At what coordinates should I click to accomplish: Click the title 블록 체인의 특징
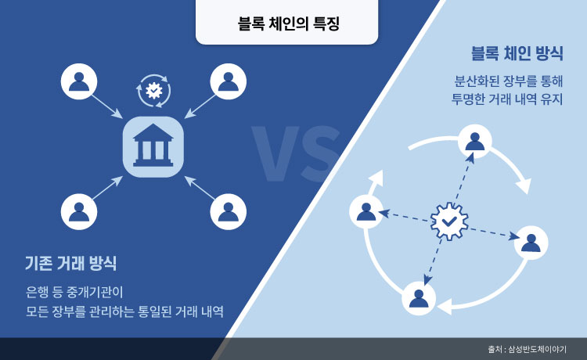pyautogui.click(x=286, y=23)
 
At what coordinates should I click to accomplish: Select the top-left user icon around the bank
pyautogui.click(x=78, y=81)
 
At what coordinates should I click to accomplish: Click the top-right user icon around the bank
pyautogui.click(x=228, y=81)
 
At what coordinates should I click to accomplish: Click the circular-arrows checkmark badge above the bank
pyautogui.click(x=153, y=91)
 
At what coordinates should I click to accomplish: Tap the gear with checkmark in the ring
pyautogui.click(x=448, y=222)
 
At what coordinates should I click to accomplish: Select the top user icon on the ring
pyautogui.click(x=474, y=142)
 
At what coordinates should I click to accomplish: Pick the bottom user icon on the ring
pyautogui.click(x=420, y=298)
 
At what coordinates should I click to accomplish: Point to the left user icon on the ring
pyautogui.click(x=366, y=210)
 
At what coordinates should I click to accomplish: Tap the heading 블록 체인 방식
pyautogui.click(x=517, y=54)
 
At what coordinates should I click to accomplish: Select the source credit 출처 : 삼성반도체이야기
pyautogui.click(x=526, y=349)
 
